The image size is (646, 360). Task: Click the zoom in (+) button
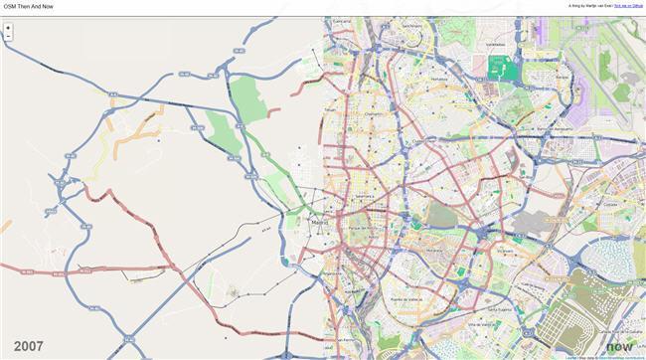pyautogui.click(x=8, y=28)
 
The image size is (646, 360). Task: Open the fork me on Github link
pyautogui.click(x=628, y=6)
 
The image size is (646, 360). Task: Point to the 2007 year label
pyautogui.click(x=29, y=346)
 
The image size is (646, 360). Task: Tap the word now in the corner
pyautogui.click(x=619, y=346)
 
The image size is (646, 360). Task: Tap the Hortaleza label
pyautogui.click(x=439, y=79)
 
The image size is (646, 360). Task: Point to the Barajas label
pyautogui.click(x=562, y=77)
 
